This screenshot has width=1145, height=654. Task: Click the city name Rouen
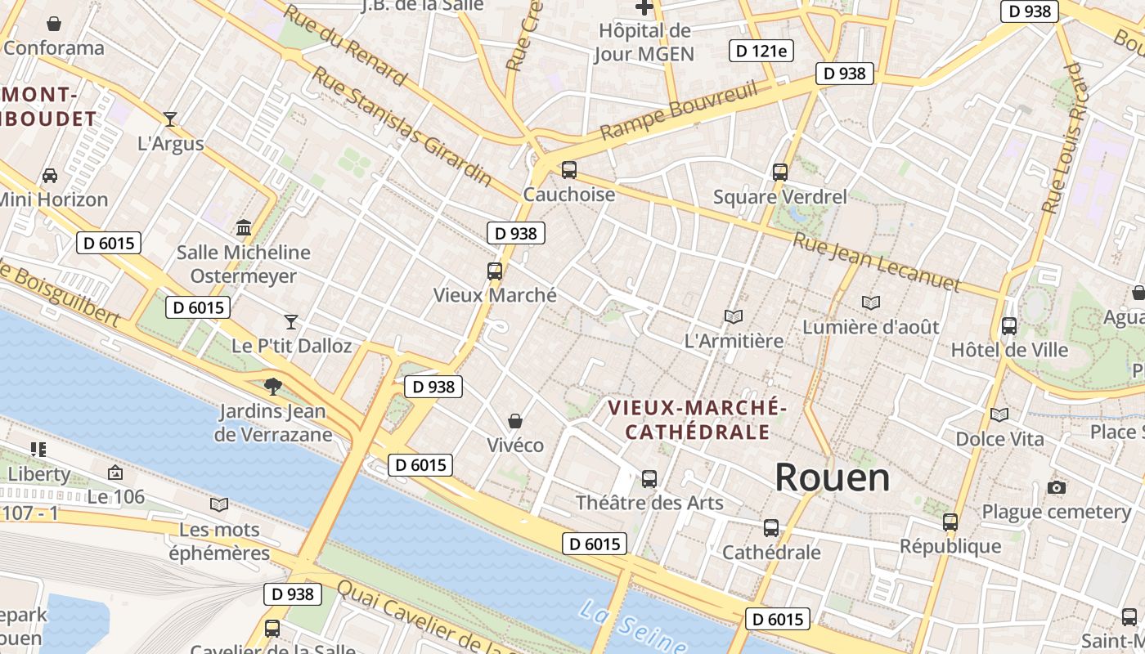point(832,477)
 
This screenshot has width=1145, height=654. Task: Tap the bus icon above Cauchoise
point(568,170)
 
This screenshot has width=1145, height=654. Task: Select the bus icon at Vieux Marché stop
point(494,271)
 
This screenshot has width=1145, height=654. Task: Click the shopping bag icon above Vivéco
point(515,421)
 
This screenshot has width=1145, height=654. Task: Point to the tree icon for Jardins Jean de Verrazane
point(273,386)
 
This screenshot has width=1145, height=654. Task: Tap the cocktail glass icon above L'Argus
point(170,119)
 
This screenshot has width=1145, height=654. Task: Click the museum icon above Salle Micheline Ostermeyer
point(243,227)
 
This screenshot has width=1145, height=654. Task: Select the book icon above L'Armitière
point(734,316)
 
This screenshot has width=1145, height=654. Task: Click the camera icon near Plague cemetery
point(1056,488)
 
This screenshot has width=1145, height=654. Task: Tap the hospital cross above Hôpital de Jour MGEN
point(644,8)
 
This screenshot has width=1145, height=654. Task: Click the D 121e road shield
point(761,52)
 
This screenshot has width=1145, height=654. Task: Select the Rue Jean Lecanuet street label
point(875,262)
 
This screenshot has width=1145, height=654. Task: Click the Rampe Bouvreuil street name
point(679,110)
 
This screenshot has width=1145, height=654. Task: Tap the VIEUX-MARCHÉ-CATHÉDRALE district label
point(698,419)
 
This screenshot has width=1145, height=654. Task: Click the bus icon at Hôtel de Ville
point(1009,326)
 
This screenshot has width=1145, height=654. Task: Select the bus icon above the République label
point(950,522)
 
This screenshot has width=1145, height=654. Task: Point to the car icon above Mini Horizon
point(50,175)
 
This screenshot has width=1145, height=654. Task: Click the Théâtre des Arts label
point(649,502)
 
